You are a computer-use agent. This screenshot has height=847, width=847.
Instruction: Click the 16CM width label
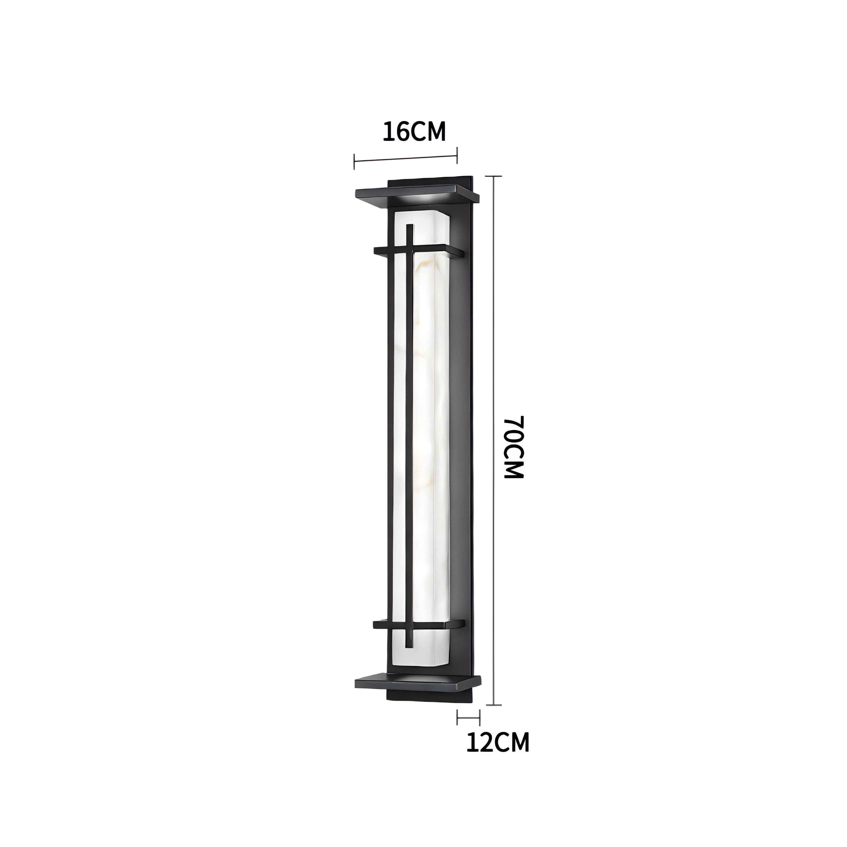coord(414,132)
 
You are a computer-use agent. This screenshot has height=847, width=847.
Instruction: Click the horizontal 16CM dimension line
coord(406,159)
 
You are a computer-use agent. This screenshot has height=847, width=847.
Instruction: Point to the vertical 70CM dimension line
coord(494,438)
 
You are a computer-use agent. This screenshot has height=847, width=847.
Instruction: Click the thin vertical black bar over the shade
coord(409,438)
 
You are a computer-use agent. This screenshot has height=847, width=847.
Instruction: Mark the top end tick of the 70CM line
coord(494,176)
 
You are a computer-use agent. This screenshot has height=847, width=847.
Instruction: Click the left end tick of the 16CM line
coord(354,161)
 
